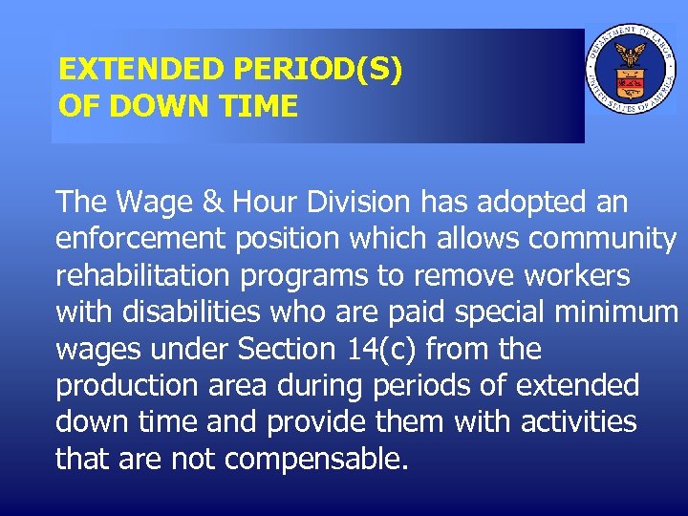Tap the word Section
286,350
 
